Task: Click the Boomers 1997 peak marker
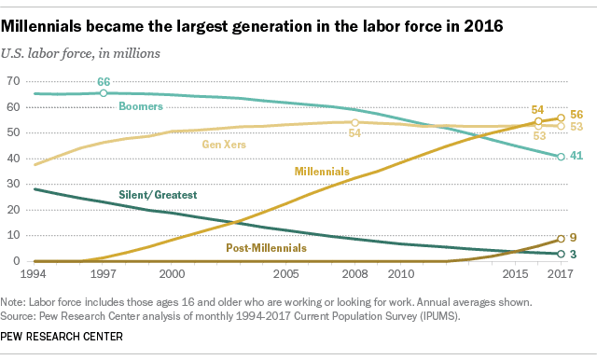tap(104, 93)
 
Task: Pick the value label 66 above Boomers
tap(104, 82)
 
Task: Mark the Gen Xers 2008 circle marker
tap(354, 122)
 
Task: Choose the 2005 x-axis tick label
tap(285, 276)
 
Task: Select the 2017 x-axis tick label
tap(560, 276)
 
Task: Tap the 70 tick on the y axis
tap(13, 82)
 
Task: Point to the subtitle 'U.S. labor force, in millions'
tap(87, 52)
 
